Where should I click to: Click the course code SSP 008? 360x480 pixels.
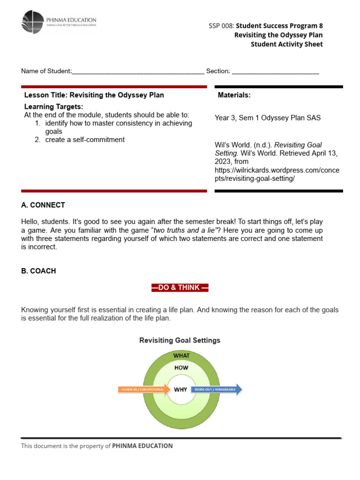(222, 26)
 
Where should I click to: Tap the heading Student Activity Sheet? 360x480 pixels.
(286, 45)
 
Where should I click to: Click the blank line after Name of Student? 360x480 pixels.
(138, 72)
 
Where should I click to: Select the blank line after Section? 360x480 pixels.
(275, 72)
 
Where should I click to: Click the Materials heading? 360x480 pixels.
(234, 95)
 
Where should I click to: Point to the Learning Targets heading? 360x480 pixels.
(53, 107)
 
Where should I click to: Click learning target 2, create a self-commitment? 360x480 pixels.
(85, 140)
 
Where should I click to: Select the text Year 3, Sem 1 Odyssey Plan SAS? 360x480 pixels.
(268, 118)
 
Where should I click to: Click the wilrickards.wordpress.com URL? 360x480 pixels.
(277, 175)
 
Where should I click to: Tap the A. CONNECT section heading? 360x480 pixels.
(43, 205)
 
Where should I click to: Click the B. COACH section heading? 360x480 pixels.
(38, 271)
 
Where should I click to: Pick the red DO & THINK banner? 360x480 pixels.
(180, 288)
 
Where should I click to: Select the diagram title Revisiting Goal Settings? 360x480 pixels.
(180, 340)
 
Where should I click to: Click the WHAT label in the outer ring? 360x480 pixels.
(181, 356)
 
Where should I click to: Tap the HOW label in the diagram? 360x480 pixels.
(181, 368)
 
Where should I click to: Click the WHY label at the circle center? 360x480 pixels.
(180, 390)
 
